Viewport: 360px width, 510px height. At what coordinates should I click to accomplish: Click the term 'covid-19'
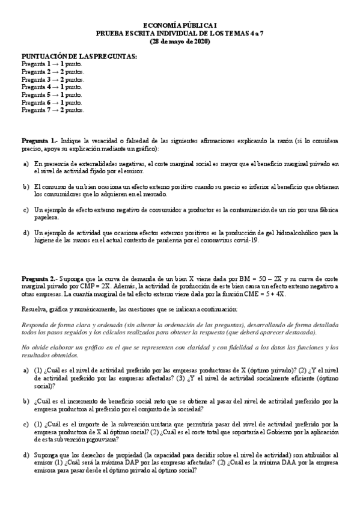coord(246,240)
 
